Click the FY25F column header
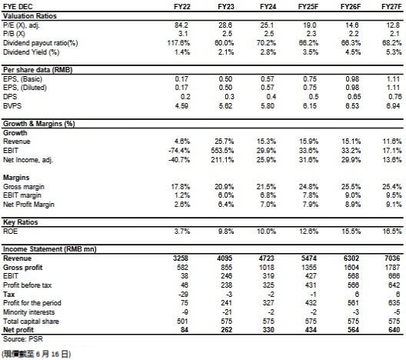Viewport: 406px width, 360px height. [308, 7]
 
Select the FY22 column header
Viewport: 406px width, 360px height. [182, 7]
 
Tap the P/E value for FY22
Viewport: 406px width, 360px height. [181, 25]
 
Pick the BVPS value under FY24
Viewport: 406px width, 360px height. [268, 105]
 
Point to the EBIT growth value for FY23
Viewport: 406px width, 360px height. [222, 151]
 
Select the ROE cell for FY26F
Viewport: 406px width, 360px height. [351, 231]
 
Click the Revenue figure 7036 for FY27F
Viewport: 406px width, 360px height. [392, 258]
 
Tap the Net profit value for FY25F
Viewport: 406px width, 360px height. [311, 330]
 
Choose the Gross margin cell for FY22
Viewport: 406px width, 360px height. [181, 186]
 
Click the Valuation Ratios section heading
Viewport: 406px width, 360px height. [30, 16]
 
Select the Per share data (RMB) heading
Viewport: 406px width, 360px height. [38, 70]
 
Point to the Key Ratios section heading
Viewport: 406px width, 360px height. [21, 222]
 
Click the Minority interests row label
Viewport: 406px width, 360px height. [29, 312]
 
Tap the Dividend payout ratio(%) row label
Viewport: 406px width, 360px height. [41, 43]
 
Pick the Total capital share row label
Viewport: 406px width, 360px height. [31, 322]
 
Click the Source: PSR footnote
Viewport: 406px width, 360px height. [23, 339]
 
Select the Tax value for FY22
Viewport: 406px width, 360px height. [183, 295]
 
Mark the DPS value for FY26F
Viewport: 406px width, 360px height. [354, 97]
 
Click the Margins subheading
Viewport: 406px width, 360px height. [16, 178]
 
